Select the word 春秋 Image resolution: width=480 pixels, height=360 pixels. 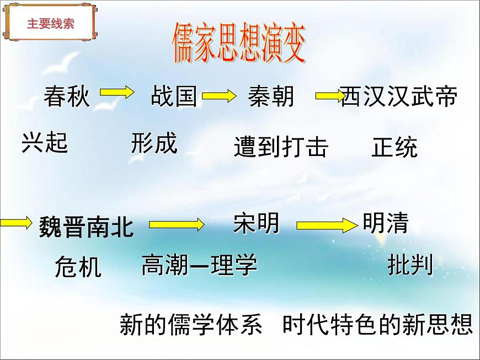click(x=67, y=96)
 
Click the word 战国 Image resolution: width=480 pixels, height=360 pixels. click(x=174, y=96)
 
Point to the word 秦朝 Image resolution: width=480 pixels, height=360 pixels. click(x=271, y=96)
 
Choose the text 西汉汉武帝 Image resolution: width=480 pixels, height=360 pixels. click(x=399, y=96)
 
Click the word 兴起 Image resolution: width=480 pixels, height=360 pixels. click(x=45, y=142)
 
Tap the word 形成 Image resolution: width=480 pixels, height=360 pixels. click(x=154, y=143)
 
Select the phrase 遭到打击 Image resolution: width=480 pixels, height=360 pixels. click(x=281, y=147)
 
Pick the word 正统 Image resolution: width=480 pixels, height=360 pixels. click(x=394, y=147)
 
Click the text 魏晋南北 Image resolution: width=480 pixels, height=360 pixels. click(x=87, y=227)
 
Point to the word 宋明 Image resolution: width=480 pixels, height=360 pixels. click(x=257, y=223)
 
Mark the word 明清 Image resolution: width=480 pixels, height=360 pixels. click(x=386, y=223)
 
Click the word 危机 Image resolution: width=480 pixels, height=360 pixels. click(x=78, y=267)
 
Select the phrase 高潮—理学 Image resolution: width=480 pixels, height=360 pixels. click(x=199, y=265)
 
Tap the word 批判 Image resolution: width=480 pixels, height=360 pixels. click(x=410, y=265)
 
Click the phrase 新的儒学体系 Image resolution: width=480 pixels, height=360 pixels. click(x=191, y=325)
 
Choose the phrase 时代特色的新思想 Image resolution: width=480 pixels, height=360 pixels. click(x=378, y=325)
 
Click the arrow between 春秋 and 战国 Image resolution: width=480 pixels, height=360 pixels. click(x=118, y=92)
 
